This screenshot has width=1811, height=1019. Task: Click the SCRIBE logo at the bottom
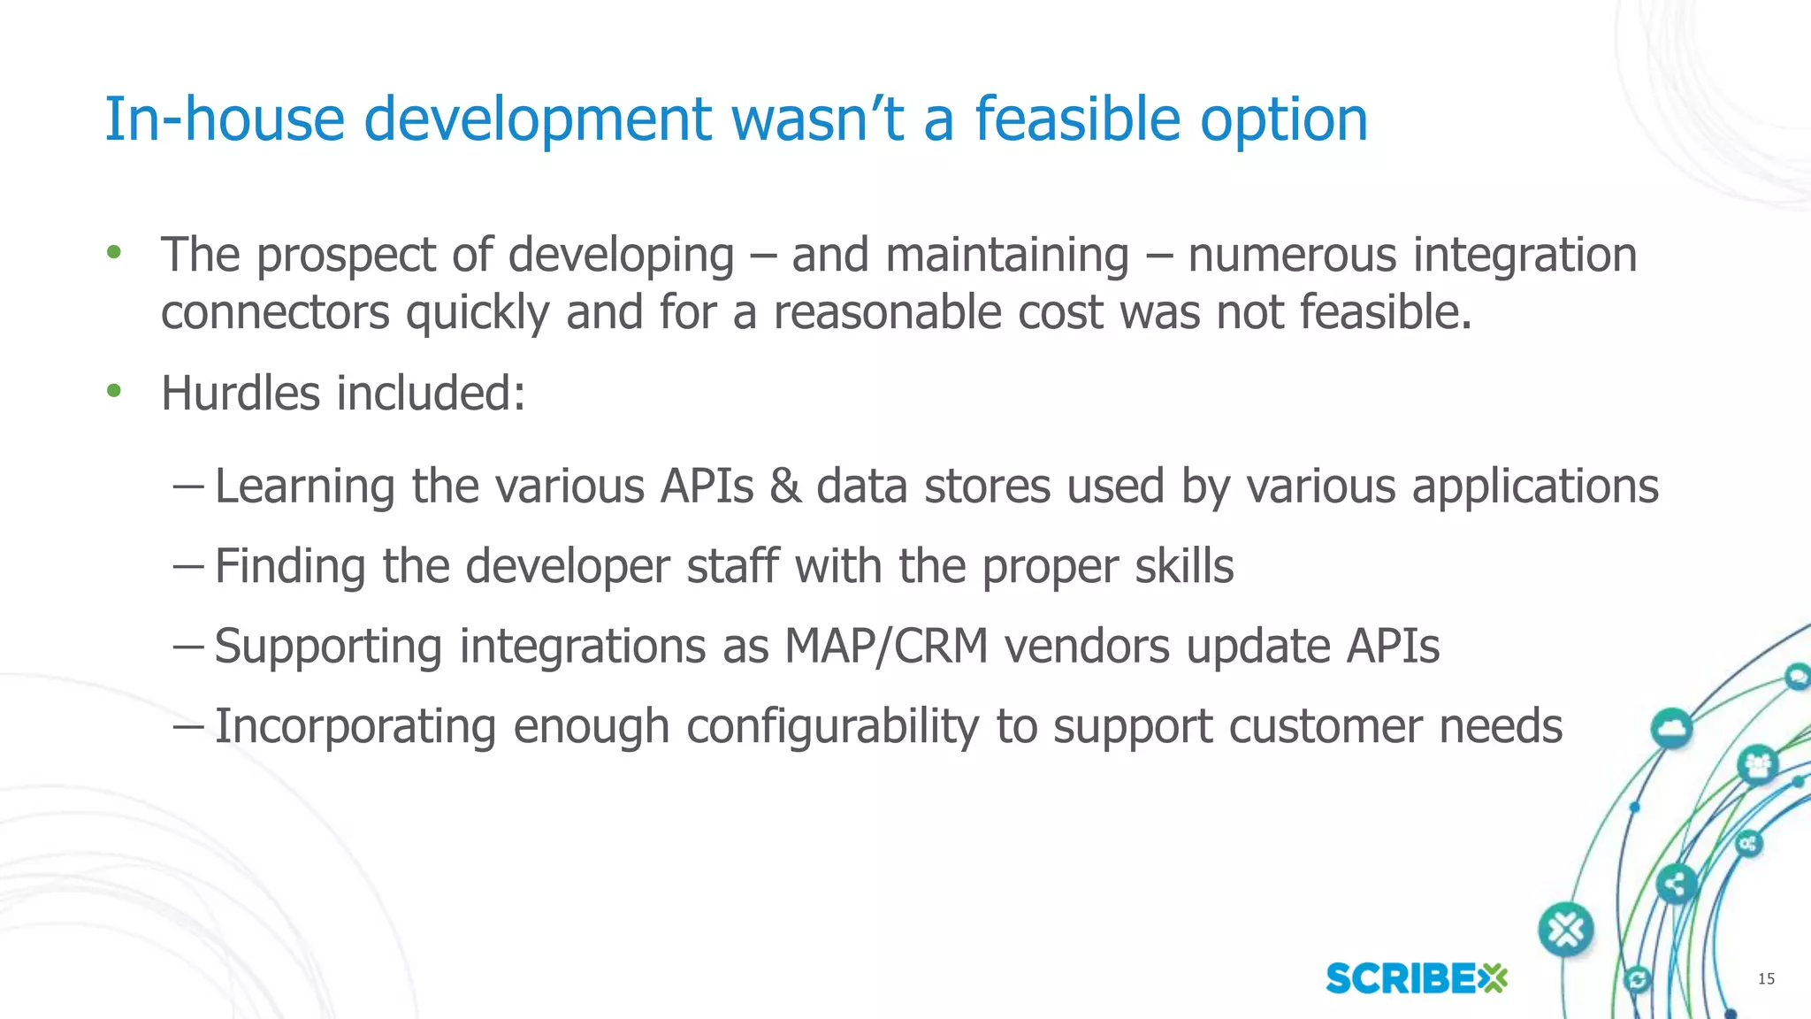coord(1416,978)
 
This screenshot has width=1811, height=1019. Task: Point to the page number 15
coord(1765,978)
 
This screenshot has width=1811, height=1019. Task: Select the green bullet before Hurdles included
coord(113,390)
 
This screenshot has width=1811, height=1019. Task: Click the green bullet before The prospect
coord(113,253)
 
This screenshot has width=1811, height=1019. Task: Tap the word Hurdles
coord(240,393)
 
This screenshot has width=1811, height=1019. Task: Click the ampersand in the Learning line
coord(785,487)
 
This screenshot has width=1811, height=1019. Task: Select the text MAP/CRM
coord(885,646)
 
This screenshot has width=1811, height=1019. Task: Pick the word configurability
coord(832,727)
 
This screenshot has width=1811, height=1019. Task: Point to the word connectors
coord(275,312)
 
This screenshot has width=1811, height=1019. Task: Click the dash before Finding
coord(188,564)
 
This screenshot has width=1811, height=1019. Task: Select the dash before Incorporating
coord(188,725)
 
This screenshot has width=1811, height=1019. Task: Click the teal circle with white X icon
coord(1566,930)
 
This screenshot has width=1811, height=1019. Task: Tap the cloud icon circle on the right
coord(1670,729)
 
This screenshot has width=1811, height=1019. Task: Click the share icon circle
coord(1675,884)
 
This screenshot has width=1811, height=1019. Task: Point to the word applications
coord(1534,487)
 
